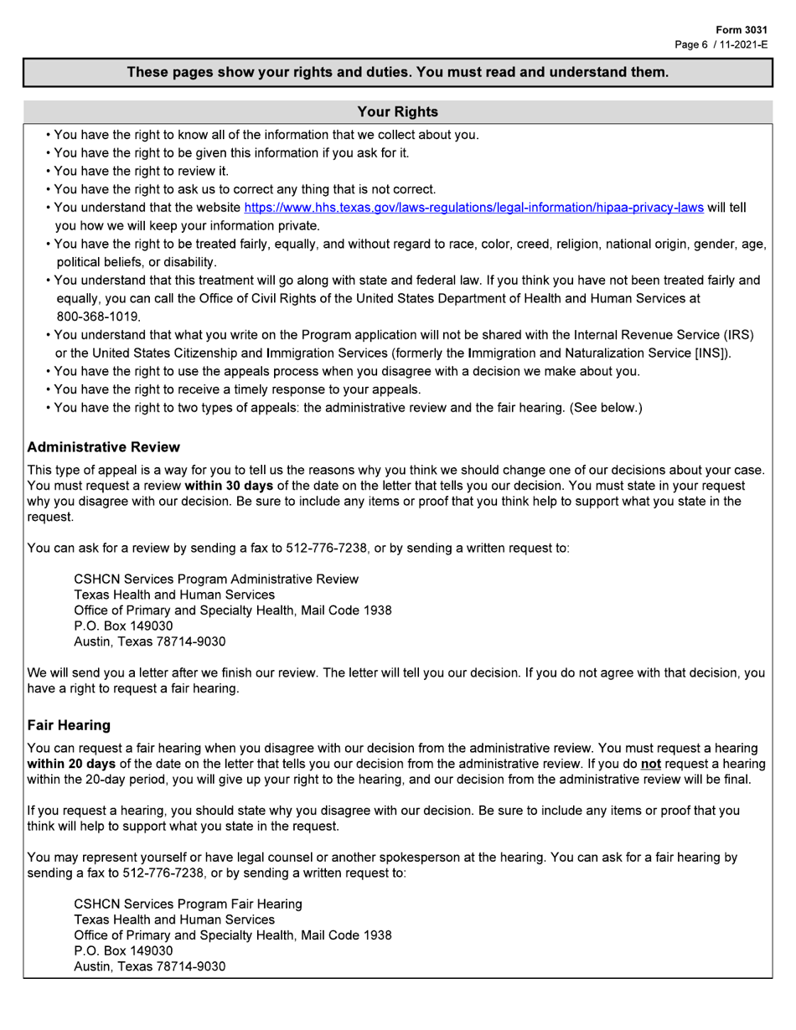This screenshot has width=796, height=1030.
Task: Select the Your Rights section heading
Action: tap(397, 111)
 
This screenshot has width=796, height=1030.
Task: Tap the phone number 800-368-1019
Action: tap(98, 317)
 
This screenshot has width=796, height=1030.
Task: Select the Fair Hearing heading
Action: tap(69, 724)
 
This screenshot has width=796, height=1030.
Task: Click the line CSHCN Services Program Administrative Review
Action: tap(216, 579)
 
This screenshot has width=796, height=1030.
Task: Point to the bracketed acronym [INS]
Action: tap(711, 353)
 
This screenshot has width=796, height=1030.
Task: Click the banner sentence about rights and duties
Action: tap(397, 72)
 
